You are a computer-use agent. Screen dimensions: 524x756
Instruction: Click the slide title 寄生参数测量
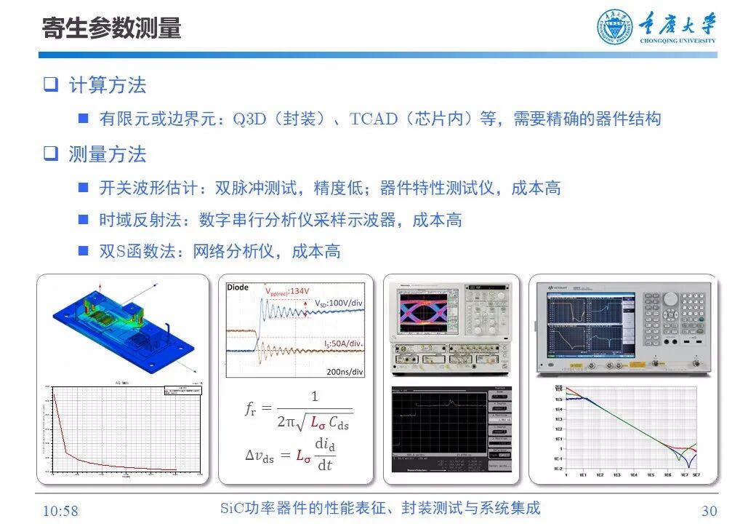pyautogui.click(x=111, y=28)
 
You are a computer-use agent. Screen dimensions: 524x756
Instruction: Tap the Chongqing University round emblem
pyautogui.click(x=615, y=28)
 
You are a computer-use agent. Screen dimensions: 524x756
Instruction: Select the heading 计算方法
pyautogui.click(x=107, y=85)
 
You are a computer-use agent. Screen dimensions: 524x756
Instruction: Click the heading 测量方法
pyautogui.click(x=107, y=154)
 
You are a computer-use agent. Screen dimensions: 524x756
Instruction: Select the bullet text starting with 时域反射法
pyautogui.click(x=280, y=220)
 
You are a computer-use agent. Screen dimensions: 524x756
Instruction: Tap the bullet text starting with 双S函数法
pyautogui.click(x=220, y=252)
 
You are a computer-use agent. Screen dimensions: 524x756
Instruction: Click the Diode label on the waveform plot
pyautogui.click(x=238, y=287)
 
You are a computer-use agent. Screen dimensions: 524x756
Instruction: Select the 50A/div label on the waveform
pyautogui.click(x=344, y=342)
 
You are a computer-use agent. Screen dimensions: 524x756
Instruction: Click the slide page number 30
pyautogui.click(x=708, y=510)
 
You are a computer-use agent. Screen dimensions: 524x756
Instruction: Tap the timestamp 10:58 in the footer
pyautogui.click(x=60, y=510)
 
